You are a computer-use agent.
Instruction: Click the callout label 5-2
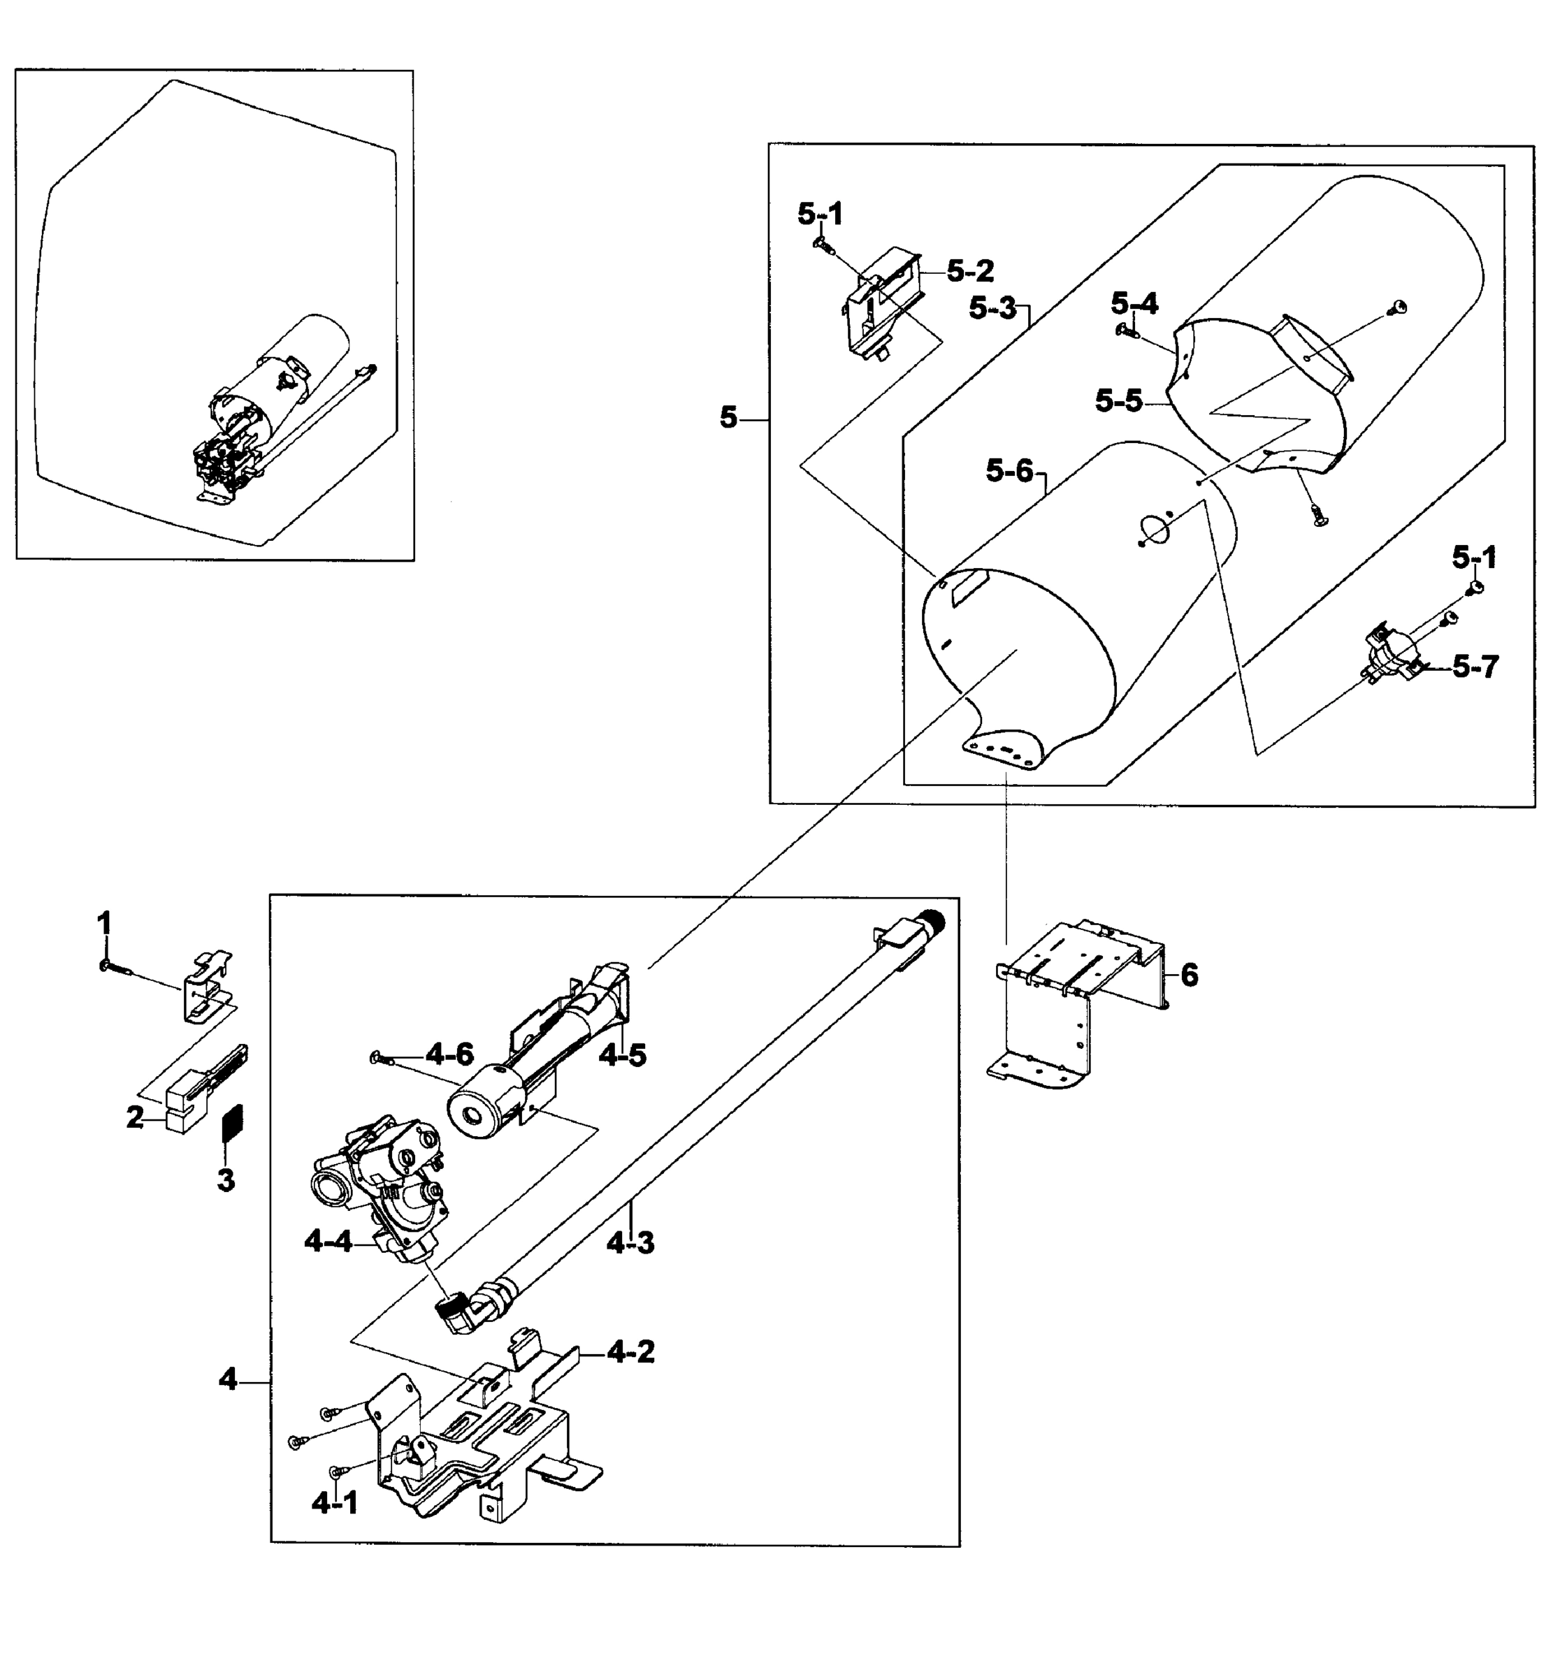pos(970,270)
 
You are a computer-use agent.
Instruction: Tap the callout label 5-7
pos(1475,667)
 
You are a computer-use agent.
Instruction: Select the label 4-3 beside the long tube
pos(630,1244)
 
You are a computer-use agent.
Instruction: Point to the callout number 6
pos(1189,975)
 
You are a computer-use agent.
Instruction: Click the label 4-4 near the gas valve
pos(328,1242)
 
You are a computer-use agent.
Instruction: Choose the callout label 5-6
pos(1010,472)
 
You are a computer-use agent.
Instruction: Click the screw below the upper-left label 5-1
pos(823,245)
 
